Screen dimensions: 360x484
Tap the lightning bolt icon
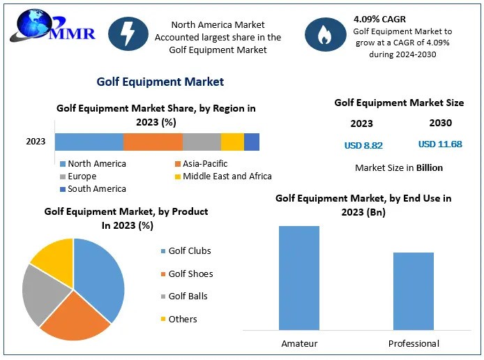pyautogui.click(x=128, y=33)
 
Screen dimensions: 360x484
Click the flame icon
pyautogui.click(x=325, y=33)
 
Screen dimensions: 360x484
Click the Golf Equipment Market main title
pyautogui.click(x=160, y=82)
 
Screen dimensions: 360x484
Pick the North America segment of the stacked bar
pyautogui.click(x=89, y=142)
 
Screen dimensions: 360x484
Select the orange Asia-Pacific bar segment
pyautogui.click(x=153, y=142)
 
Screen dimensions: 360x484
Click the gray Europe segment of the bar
pyautogui.click(x=202, y=142)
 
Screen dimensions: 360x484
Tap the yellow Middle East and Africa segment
pyautogui.click(x=232, y=142)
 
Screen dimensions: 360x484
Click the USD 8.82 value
pyautogui.click(x=363, y=146)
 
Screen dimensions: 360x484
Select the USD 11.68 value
pyautogui.click(x=440, y=144)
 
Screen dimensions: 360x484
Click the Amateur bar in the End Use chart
pyautogui.click(x=298, y=278)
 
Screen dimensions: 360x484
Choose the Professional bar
pyautogui.click(x=413, y=291)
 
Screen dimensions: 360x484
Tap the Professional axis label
pyautogui.click(x=414, y=343)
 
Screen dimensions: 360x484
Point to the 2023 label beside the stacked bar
pyautogui.click(x=36, y=142)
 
